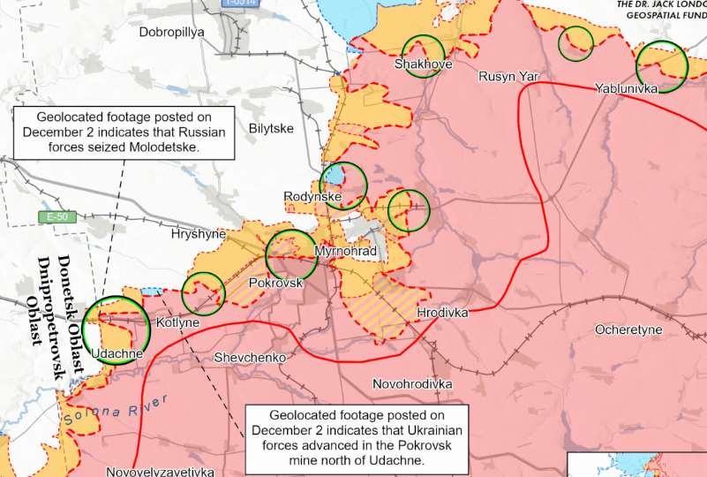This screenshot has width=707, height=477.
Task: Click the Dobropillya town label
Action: [x=171, y=32]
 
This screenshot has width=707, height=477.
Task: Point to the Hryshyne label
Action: [x=199, y=235]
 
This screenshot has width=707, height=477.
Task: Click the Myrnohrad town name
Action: [x=345, y=253]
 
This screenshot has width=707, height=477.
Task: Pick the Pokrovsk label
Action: [x=276, y=284]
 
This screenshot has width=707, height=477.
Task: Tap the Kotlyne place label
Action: [x=177, y=323]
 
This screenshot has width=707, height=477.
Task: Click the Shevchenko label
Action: [x=250, y=358]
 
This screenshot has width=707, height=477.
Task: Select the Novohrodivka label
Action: [x=412, y=384]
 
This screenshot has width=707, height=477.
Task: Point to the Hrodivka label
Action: [x=442, y=313]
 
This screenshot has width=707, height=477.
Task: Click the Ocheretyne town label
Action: [x=628, y=329]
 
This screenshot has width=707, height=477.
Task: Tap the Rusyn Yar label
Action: [x=508, y=77]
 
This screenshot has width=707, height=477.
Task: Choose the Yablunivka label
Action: [x=627, y=89]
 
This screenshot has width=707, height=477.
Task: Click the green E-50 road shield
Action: [x=57, y=217]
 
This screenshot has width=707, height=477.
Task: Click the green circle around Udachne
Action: [x=116, y=329]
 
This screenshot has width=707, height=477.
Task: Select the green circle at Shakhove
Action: [x=423, y=55]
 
